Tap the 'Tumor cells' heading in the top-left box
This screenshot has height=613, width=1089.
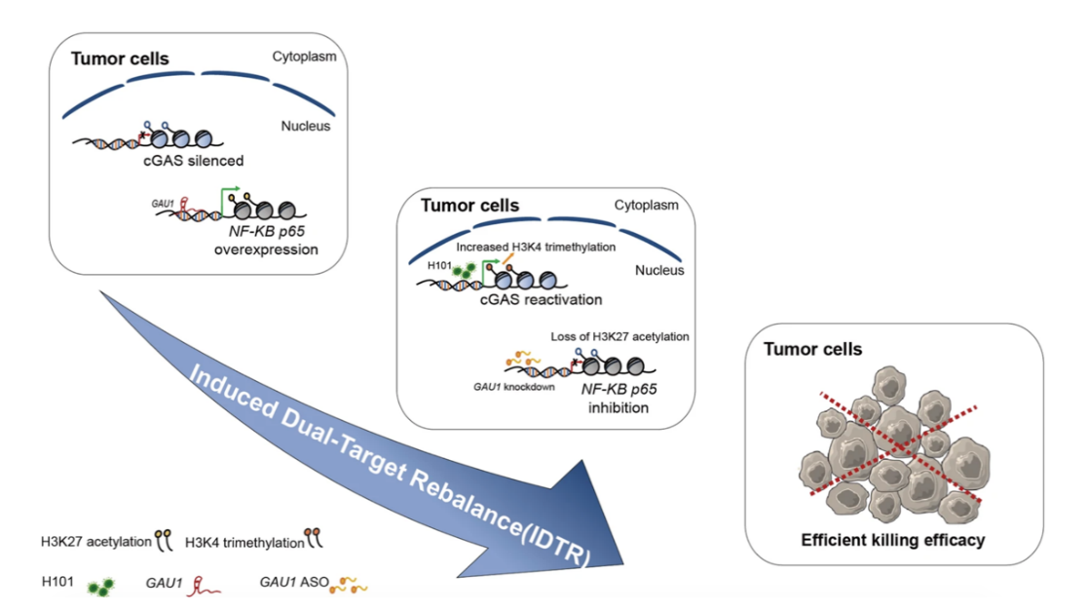tap(120, 58)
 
